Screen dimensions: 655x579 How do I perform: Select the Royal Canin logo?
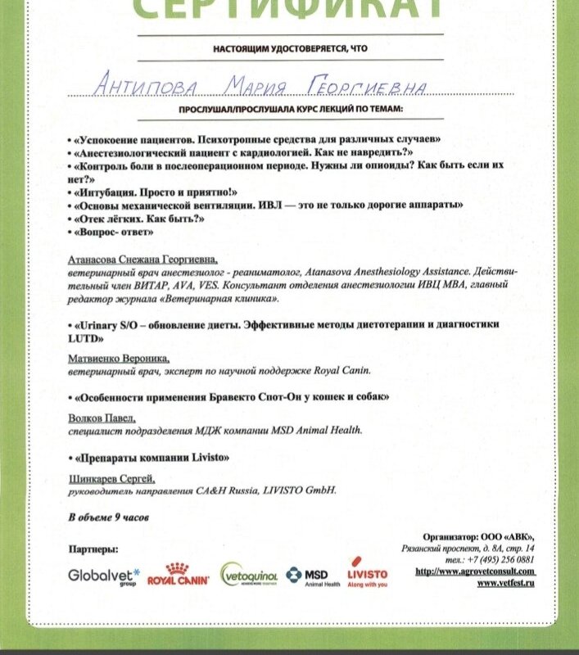[179, 575]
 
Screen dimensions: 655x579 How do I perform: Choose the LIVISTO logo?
[367, 574]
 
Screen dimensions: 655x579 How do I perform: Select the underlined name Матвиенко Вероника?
[119, 359]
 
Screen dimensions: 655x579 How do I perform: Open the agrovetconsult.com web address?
[475, 571]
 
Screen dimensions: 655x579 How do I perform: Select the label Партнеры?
[93, 548]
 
